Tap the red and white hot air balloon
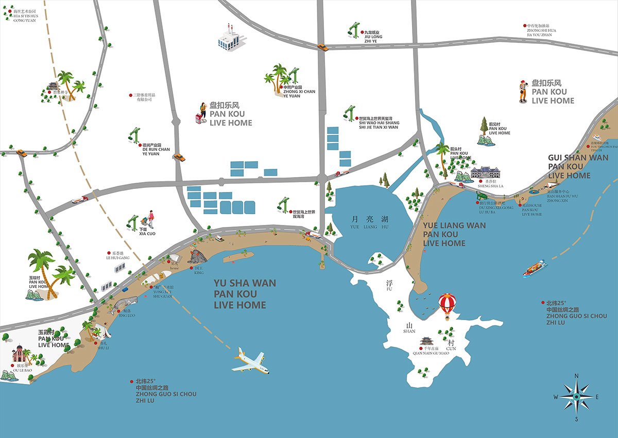point(447,304)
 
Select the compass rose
point(576,397)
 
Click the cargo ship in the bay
point(535,268)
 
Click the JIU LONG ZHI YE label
point(373,37)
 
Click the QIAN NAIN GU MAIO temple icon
point(427,342)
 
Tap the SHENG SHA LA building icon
point(486,172)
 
